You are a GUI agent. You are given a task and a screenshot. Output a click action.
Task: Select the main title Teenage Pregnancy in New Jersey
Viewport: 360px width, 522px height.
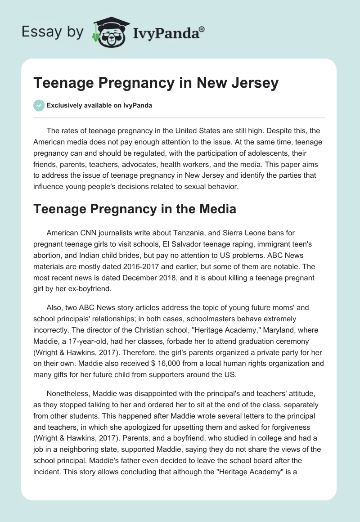tap(156, 84)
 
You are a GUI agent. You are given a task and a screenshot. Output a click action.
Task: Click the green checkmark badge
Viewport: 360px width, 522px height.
tap(39, 105)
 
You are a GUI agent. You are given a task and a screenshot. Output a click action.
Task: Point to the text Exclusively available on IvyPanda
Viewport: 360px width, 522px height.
tap(99, 106)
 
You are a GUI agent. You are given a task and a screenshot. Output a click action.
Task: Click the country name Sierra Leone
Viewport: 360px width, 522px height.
tap(242, 233)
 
